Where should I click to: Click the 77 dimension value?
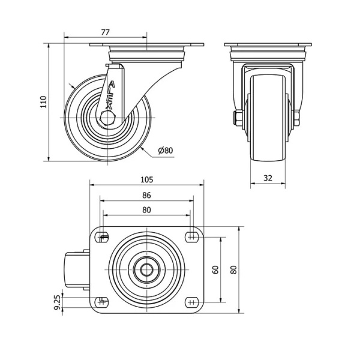tap(106, 32)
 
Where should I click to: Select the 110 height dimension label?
tap(43, 102)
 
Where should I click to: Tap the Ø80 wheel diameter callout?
tap(166, 151)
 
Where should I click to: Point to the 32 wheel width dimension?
tap(268, 178)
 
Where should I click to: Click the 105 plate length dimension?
tap(146, 179)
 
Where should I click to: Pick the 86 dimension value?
tap(146, 195)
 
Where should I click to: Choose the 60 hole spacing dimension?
tap(216, 270)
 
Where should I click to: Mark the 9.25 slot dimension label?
tap(58, 302)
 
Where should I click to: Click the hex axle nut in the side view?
tap(107, 118)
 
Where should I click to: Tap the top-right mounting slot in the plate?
tap(192, 236)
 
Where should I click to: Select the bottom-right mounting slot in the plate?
tap(192, 302)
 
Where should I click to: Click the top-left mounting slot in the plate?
tap(103, 236)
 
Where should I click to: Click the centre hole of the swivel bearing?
tap(147, 269)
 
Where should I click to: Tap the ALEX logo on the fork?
tap(110, 95)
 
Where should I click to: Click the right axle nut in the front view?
tap(296, 118)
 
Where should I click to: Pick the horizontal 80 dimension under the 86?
tap(146, 210)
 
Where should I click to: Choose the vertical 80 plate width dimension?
tap(234, 270)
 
